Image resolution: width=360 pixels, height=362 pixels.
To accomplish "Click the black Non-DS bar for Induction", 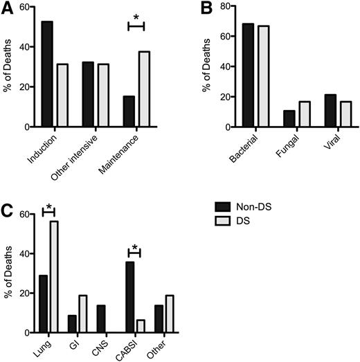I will pyautogui.click(x=47, y=74).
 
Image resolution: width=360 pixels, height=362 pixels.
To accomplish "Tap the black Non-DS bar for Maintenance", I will pyautogui.click(x=129, y=111).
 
